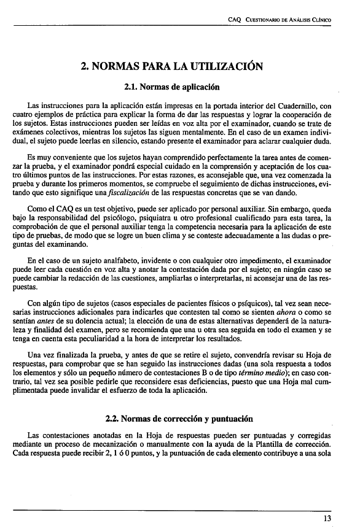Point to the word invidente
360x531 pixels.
click(142, 260)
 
